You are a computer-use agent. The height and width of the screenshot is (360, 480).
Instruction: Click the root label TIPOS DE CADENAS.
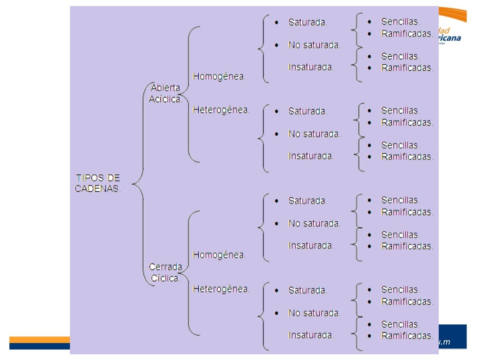(x=97, y=183)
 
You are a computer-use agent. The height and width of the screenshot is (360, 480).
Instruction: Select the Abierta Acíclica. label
(x=165, y=94)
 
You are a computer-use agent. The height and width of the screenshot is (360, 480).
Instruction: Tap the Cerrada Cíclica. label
(x=165, y=272)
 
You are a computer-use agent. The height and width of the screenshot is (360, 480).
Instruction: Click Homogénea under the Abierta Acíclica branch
(x=219, y=76)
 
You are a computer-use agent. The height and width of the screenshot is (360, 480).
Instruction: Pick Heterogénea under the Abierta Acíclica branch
(x=221, y=110)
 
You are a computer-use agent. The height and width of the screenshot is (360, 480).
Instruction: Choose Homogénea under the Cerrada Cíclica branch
(x=219, y=255)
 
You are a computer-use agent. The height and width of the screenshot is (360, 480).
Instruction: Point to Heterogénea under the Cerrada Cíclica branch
(x=221, y=289)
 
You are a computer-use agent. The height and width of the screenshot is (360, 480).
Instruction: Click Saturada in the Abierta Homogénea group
(x=307, y=22)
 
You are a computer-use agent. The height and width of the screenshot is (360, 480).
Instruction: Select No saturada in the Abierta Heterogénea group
(x=314, y=134)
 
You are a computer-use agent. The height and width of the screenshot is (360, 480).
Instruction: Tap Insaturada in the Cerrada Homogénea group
(x=311, y=245)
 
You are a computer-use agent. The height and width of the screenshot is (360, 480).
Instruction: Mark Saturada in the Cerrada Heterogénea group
(x=307, y=290)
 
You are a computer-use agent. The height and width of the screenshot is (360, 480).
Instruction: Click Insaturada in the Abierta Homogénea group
(x=311, y=67)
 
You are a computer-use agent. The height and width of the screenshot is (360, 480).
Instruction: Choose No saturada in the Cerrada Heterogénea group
(x=314, y=313)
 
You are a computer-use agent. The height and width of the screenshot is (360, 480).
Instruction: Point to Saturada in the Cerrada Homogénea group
(x=307, y=201)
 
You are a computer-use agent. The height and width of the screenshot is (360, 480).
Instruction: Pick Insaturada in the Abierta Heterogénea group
(x=311, y=156)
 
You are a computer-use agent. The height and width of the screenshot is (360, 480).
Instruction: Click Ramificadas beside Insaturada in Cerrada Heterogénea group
(x=407, y=336)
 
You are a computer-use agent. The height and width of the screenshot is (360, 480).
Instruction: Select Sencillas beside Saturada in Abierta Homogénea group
(x=400, y=22)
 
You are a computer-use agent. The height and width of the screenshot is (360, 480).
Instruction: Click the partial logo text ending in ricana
(x=450, y=38)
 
